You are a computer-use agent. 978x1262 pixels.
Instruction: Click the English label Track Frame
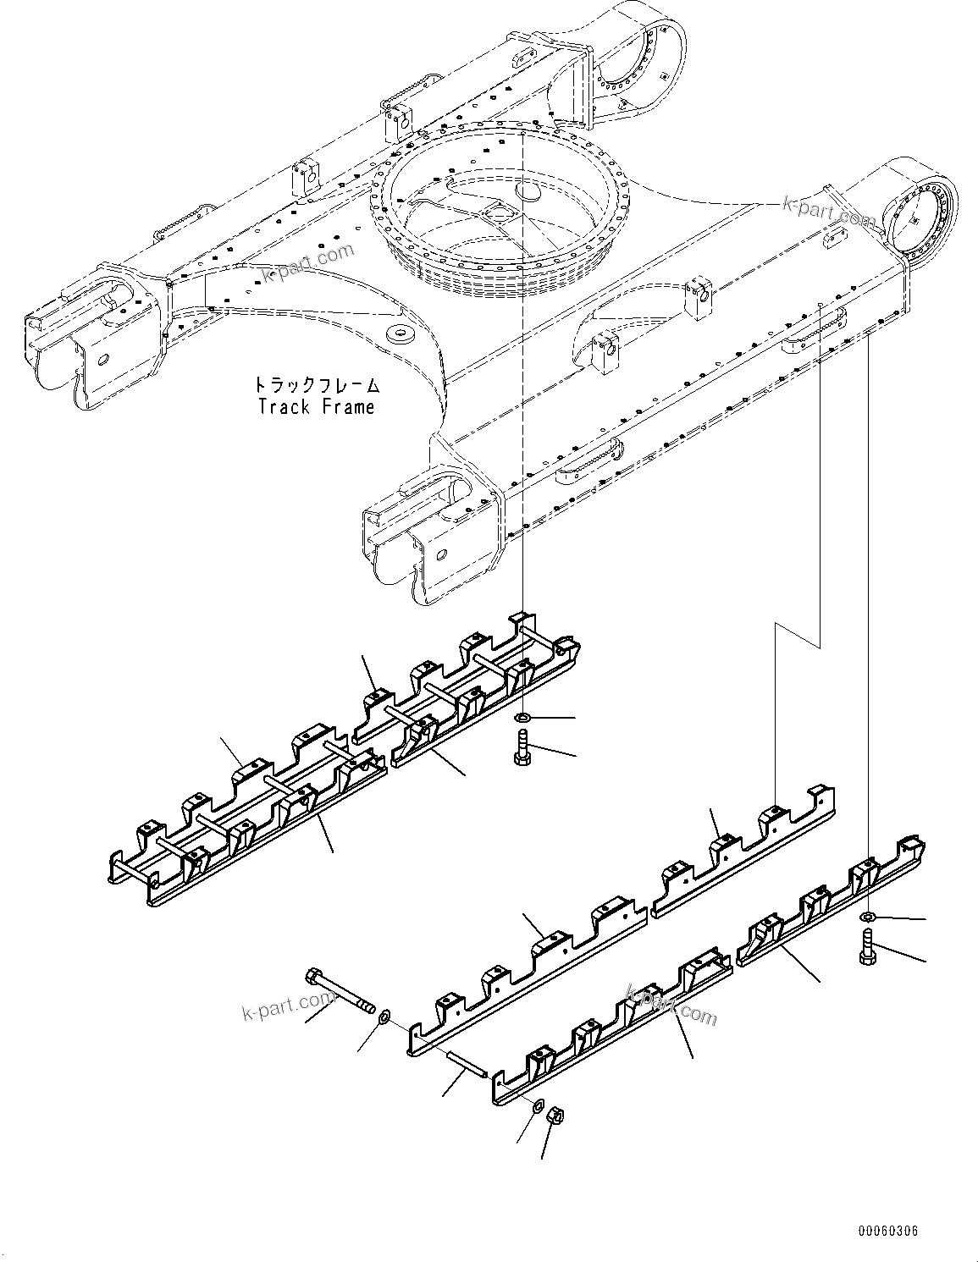pos(316,407)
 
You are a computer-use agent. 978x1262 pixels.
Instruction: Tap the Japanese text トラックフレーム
pos(316,385)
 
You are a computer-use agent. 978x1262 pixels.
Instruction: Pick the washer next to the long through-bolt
pos(384,1014)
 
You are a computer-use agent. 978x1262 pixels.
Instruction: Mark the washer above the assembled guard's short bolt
pos(523,719)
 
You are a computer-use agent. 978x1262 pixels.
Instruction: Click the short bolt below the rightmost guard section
pos(866,945)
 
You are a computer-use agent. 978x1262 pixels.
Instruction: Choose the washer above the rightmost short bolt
pos(868,918)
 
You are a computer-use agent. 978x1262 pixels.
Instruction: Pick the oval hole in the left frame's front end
pos(102,359)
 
